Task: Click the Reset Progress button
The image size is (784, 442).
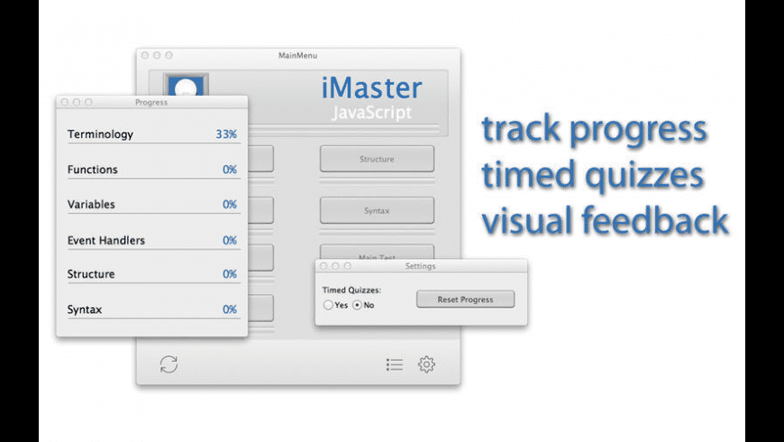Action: [x=465, y=299]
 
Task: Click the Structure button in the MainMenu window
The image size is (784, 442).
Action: [x=377, y=160]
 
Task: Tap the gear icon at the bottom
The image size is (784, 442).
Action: [x=426, y=364]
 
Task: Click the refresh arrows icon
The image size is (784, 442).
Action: [x=169, y=364]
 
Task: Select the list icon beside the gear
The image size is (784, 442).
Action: [x=394, y=364]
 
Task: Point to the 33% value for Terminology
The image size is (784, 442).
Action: [x=226, y=134]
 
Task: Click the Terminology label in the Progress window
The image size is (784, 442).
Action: [x=100, y=134]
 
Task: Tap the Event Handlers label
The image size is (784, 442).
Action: [x=105, y=241]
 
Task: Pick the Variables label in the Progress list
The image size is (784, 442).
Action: [x=91, y=205]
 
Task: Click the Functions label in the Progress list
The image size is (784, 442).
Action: [x=92, y=170]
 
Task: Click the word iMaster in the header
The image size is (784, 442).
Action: [x=371, y=87]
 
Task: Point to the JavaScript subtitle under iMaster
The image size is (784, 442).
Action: [x=371, y=113]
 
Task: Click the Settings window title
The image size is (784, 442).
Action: [x=420, y=266]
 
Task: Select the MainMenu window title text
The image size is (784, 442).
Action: [x=297, y=56]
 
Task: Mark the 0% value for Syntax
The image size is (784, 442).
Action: [x=230, y=309]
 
